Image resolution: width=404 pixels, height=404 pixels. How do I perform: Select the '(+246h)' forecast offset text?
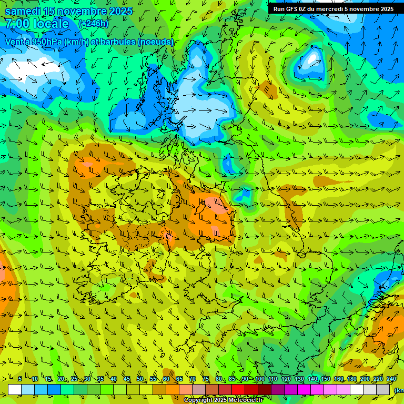pyautogui.click(x=93, y=24)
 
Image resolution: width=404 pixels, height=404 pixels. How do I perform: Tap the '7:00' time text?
pyautogui.click(x=16, y=24)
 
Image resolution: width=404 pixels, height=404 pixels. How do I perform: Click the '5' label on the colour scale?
pyautogui.click(x=20, y=379)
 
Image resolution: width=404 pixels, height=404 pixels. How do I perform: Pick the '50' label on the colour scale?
pyautogui.click(x=139, y=379)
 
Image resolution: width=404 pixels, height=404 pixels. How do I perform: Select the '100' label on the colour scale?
pyautogui.click(x=259, y=379)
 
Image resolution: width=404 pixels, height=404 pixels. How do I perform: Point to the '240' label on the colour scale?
pyautogui.click(x=391, y=379)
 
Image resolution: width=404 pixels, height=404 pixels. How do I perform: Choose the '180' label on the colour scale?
pyautogui.click(x=351, y=379)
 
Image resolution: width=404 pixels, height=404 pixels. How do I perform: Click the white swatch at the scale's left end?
pyautogui.click(x=15, y=390)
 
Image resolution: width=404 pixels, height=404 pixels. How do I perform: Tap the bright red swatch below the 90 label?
pyautogui.click(x=238, y=390)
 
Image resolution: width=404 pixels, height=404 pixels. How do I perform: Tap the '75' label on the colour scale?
pyautogui.click(x=206, y=379)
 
